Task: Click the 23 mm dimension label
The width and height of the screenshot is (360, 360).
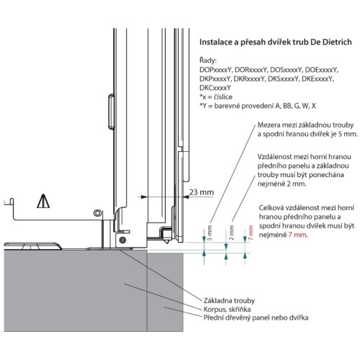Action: click(202, 192)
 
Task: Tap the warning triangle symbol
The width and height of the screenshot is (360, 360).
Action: click(43, 201)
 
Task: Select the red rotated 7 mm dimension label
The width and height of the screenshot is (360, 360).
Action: click(251, 233)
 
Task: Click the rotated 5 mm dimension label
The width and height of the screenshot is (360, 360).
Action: click(210, 233)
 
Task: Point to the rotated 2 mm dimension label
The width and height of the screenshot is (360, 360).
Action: click(232, 233)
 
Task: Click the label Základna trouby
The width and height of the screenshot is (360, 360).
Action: click(229, 300)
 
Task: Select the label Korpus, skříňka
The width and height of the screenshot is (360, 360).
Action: click(227, 309)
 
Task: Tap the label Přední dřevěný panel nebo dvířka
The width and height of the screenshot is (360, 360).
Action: click(256, 318)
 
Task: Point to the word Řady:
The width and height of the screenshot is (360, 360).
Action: click(208, 60)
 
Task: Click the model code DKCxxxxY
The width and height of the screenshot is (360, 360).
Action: click(215, 88)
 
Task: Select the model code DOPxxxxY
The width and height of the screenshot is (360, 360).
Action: click(215, 70)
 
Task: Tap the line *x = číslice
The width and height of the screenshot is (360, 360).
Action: click(216, 97)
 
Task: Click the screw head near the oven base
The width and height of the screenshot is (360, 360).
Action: click(122, 240)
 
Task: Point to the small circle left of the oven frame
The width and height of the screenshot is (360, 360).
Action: click(97, 212)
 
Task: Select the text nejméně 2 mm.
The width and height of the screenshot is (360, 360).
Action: click(282, 184)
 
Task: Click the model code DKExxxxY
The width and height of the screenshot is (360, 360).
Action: click(318, 78)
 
